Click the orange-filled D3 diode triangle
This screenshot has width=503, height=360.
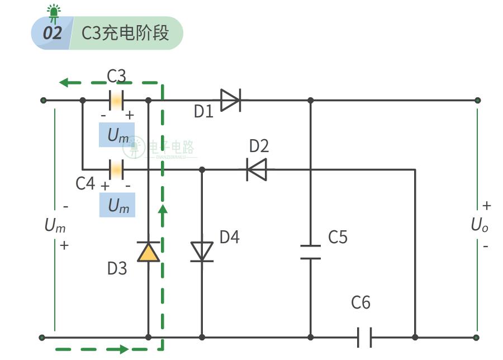(x=148, y=252)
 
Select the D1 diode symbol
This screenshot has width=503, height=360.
(x=231, y=101)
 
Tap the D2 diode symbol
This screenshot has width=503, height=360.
(x=257, y=169)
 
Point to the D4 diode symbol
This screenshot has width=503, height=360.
(x=202, y=252)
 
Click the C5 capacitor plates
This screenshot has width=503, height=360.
(x=311, y=252)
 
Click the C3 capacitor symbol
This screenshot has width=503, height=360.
(x=116, y=101)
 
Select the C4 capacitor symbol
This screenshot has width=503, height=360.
(x=116, y=169)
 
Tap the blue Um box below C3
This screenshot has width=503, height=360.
(x=117, y=135)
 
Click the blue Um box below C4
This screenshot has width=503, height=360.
(x=117, y=205)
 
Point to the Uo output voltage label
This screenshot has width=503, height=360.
(x=480, y=225)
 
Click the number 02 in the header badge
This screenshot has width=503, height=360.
(x=53, y=33)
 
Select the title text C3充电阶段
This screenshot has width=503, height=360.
(x=125, y=33)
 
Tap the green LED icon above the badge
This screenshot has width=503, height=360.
(x=54, y=13)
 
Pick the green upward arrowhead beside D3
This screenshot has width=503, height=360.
(x=163, y=210)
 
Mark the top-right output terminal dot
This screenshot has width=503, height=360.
(x=478, y=101)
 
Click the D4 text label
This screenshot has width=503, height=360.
(x=230, y=237)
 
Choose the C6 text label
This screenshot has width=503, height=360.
(x=360, y=302)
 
